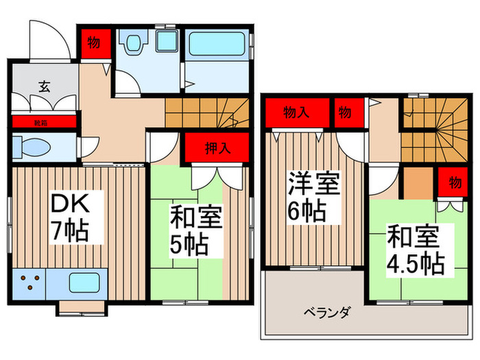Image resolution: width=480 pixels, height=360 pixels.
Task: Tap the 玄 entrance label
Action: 44,86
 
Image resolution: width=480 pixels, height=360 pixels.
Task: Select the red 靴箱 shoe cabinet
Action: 43,122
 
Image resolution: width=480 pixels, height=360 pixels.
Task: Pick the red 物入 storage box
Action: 296,112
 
